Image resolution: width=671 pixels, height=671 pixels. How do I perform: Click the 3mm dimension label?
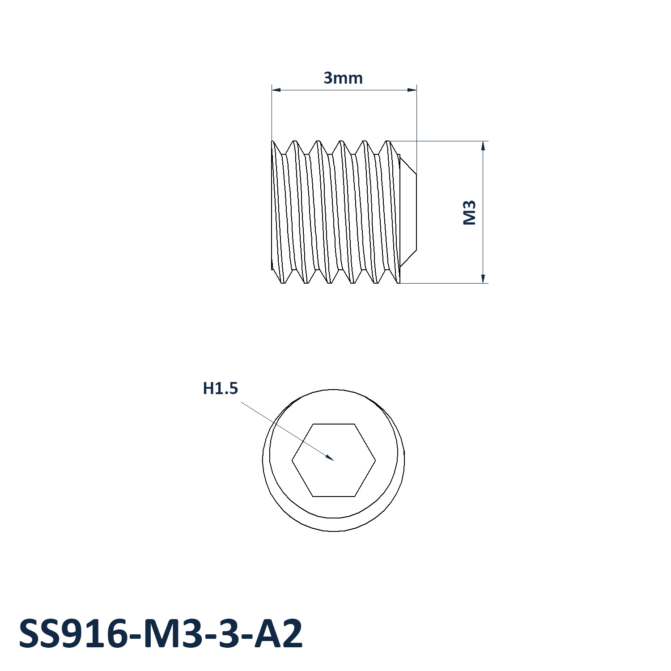pyautogui.click(x=343, y=78)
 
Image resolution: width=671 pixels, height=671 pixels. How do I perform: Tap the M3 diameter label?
pyautogui.click(x=469, y=212)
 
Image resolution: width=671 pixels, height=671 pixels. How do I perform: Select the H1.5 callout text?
pyautogui.click(x=221, y=388)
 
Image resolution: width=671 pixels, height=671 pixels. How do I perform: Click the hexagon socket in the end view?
pyautogui.click(x=334, y=460)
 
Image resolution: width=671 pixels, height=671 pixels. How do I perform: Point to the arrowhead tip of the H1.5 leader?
pyautogui.click(x=334, y=460)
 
